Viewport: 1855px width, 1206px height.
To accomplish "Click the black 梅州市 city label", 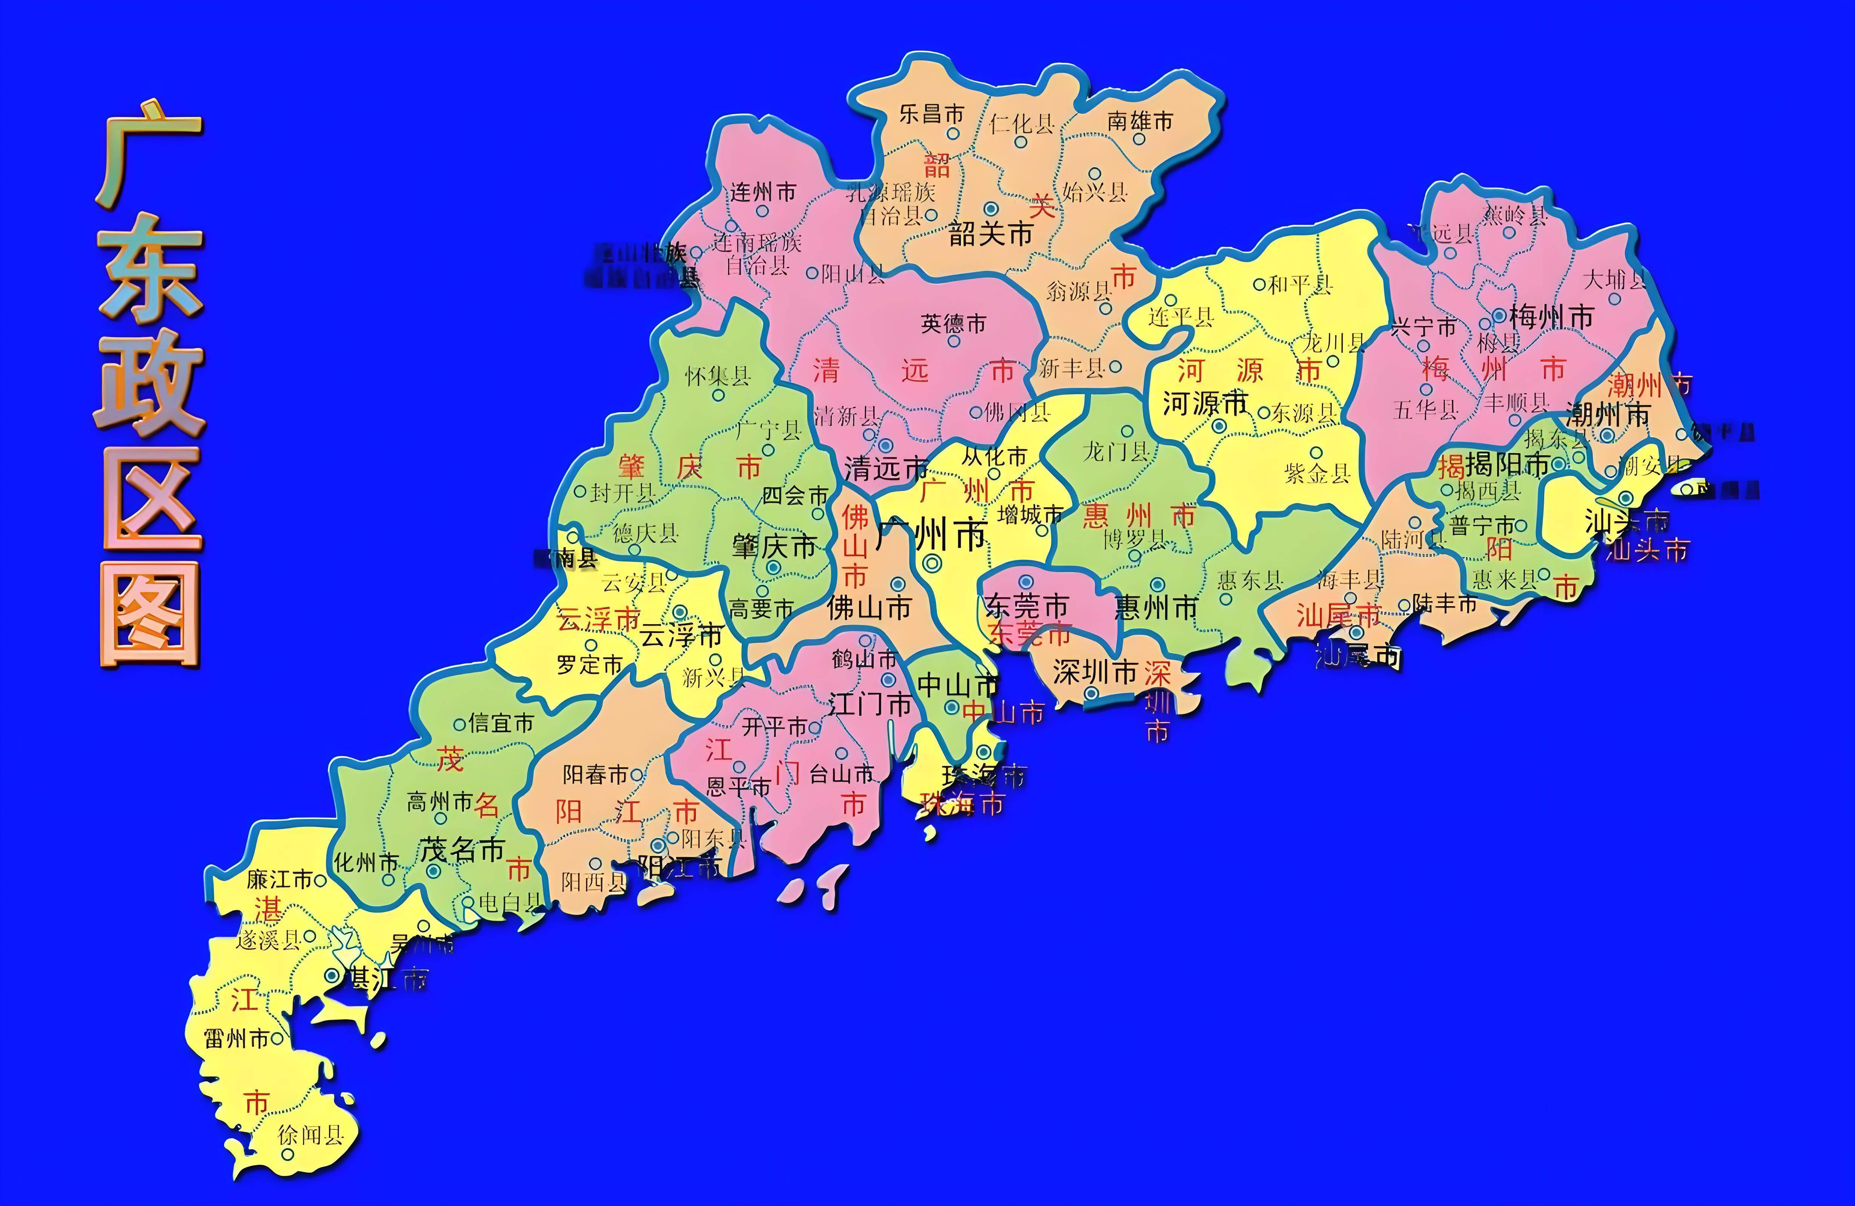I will click(1551, 317).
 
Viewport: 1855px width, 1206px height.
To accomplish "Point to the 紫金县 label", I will click(1317, 473).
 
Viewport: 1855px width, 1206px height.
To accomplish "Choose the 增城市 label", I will click(1030, 514).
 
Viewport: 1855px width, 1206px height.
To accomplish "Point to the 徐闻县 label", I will click(311, 1135).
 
